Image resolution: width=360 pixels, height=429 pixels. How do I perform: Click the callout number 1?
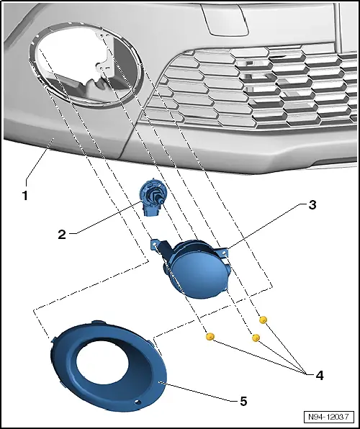tap(25, 196)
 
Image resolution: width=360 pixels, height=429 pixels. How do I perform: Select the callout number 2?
tap(62, 235)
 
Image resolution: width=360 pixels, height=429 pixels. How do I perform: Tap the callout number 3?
tap(312, 205)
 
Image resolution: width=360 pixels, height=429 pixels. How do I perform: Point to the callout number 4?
tap(319, 376)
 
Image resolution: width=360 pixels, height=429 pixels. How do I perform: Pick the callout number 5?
tap(243, 402)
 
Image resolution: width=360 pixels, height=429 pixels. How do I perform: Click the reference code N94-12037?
tap(328, 417)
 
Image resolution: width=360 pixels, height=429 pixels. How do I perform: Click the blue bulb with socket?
tap(151, 197)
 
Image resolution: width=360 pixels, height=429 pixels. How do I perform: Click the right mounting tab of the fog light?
tap(224, 253)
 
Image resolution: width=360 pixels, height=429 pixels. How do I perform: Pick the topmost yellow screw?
tap(263, 320)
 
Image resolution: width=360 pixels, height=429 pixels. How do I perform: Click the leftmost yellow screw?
tap(210, 337)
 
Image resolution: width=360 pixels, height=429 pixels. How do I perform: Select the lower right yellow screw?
tap(256, 338)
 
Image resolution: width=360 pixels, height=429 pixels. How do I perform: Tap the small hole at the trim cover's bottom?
tap(138, 402)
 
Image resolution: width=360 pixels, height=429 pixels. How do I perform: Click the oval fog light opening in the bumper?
tap(86, 64)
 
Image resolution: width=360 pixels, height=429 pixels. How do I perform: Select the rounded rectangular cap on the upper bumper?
tap(225, 19)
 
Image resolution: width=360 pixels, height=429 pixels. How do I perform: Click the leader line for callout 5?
tap(199, 391)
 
